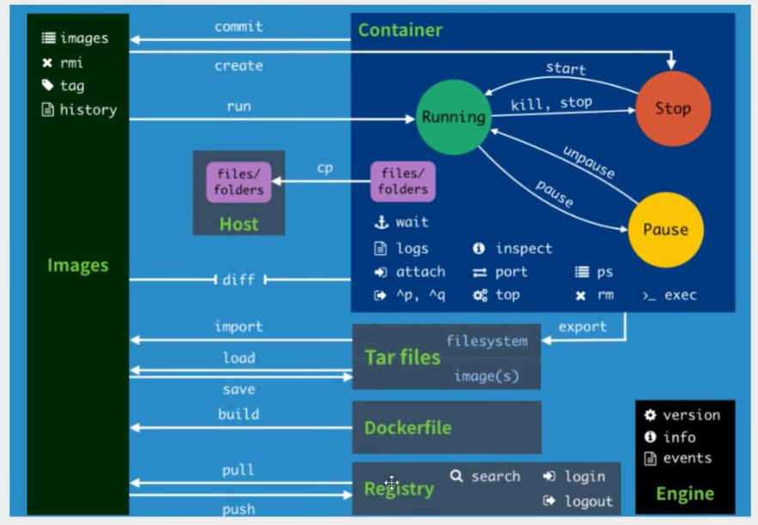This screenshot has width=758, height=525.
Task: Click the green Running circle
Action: [452, 118]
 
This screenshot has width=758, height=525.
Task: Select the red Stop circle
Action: [672, 109]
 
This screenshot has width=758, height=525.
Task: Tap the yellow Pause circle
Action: [665, 229]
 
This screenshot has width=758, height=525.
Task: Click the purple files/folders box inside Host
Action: [238, 182]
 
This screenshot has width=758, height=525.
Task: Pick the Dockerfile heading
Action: [407, 427]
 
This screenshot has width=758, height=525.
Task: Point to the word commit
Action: [239, 27]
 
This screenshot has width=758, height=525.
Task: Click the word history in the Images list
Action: [88, 110]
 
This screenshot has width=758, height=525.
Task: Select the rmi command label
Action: [72, 63]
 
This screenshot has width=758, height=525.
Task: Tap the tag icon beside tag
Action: [48, 86]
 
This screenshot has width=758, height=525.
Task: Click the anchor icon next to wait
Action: [381, 222]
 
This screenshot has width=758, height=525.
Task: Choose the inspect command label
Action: [524, 249]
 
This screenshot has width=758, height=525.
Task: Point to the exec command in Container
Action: [681, 295]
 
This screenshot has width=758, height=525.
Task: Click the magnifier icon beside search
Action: [457, 476]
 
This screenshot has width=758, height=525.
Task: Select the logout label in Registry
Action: [589, 501]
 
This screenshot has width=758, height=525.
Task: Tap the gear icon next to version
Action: [650, 415]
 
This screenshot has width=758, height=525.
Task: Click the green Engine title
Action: [684, 493]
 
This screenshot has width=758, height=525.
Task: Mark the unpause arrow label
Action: [589, 161]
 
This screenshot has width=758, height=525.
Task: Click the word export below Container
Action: [582, 327]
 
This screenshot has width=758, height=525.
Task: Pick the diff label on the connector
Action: [238, 280]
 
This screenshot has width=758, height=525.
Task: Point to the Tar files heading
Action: [402, 357]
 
